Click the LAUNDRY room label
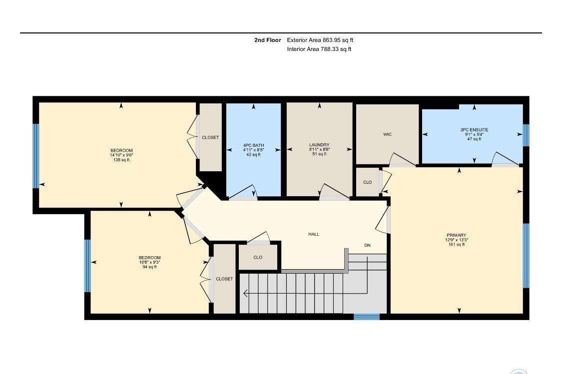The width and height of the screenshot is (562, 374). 319,145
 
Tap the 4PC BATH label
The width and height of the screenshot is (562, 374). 254,145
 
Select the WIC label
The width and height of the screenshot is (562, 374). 387,134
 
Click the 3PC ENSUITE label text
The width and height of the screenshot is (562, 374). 474,129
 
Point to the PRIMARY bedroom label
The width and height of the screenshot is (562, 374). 456,235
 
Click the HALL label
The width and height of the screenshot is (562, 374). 314,234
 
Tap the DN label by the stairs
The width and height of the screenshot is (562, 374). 367,245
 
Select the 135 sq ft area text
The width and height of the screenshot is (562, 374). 122,160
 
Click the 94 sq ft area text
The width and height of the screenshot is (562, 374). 149,267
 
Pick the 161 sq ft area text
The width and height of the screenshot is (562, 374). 456,244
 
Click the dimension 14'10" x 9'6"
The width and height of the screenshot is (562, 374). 122,155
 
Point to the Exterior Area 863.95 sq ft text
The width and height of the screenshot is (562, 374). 320,40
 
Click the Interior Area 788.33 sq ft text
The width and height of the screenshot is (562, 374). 319,49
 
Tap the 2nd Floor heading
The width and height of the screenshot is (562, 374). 268,40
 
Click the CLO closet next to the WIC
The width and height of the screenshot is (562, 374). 367,182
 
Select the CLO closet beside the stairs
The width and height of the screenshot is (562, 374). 258,258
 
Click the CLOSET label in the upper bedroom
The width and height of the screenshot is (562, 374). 210,137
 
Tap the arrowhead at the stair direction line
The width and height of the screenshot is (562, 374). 245,293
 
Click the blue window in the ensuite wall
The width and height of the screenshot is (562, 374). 526,135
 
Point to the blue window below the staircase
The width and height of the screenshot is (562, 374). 366,317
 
